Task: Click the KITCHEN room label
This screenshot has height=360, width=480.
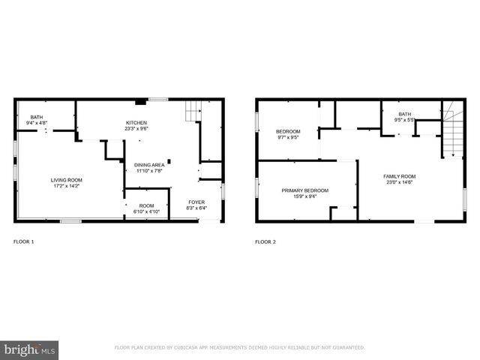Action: coord(136,123)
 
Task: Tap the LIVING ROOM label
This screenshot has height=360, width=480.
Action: coord(67,180)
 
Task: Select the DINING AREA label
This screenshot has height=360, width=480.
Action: coord(149,165)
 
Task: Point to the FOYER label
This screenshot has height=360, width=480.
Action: coord(196,202)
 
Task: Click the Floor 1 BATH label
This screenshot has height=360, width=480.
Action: coord(37,117)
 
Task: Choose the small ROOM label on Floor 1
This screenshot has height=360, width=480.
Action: coord(146,205)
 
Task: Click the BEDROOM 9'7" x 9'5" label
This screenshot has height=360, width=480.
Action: coord(289,131)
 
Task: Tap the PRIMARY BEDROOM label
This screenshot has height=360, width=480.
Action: coord(305,190)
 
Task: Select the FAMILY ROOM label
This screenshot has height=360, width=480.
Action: coord(399,176)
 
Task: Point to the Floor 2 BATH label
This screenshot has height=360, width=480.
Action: coord(405,114)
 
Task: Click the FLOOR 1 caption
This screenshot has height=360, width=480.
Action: coord(24,241)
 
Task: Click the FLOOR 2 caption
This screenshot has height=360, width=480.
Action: coord(265,241)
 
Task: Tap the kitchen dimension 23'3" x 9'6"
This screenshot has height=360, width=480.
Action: coord(136,129)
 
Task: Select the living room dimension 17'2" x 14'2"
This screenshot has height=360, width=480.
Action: coord(67,186)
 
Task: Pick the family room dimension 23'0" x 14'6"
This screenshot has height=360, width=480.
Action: coord(399,182)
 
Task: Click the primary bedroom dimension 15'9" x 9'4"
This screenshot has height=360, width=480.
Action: coord(305,196)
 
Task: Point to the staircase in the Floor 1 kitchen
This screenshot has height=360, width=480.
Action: coord(193,111)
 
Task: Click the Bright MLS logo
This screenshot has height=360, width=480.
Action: coord(30,349)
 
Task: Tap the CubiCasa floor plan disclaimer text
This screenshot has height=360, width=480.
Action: coord(239,348)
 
